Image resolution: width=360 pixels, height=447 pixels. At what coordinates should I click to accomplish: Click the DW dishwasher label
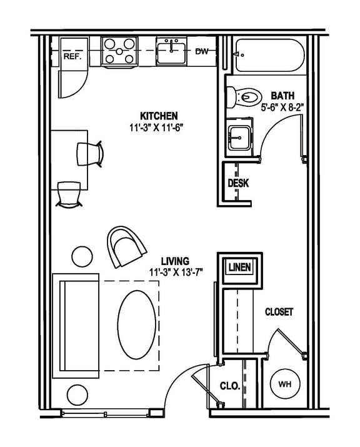[201, 52]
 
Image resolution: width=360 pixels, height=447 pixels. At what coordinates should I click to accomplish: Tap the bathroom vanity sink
[239, 137]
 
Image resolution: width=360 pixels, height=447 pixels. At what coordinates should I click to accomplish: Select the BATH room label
[282, 96]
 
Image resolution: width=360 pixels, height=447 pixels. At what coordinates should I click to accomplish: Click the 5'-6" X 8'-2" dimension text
[282, 107]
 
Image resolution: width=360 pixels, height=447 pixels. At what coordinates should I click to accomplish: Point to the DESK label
[238, 183]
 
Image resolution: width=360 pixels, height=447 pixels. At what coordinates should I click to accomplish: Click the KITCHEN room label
[159, 116]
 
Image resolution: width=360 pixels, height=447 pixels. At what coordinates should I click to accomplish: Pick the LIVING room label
[176, 261]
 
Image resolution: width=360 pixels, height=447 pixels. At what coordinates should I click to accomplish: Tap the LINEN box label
[239, 268]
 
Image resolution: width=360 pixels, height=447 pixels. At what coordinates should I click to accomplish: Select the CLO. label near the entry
[230, 386]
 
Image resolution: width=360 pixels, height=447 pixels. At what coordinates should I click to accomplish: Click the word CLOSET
[279, 311]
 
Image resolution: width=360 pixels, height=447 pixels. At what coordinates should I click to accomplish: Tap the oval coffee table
[136, 324]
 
